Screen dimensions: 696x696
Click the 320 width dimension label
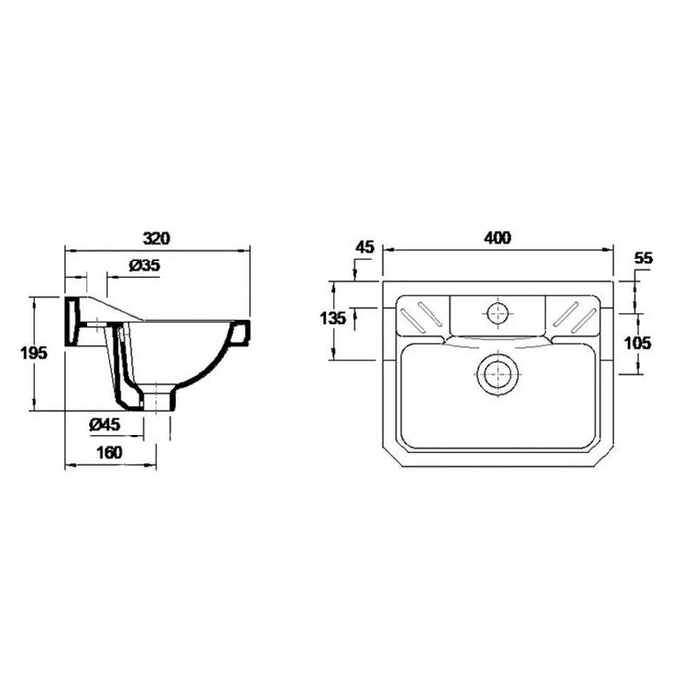pos(158,239)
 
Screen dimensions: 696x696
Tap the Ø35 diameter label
pos(145,264)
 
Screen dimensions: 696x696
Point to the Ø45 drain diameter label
pos(104,424)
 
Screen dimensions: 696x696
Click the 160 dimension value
pos(111,453)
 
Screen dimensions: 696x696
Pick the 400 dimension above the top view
pos(497,239)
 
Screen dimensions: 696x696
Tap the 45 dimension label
pos(365,248)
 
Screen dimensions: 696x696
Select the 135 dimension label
pos(334,318)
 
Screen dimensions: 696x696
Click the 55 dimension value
pos(642,258)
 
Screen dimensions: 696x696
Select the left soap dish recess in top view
pos(423,313)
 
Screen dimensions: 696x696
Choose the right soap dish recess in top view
pos(573,313)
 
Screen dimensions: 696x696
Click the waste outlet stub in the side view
pos(161,399)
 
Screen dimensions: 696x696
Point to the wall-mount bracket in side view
pos(75,320)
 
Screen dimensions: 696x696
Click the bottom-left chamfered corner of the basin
pos(390,460)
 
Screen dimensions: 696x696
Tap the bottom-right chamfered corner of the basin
pos(608,460)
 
